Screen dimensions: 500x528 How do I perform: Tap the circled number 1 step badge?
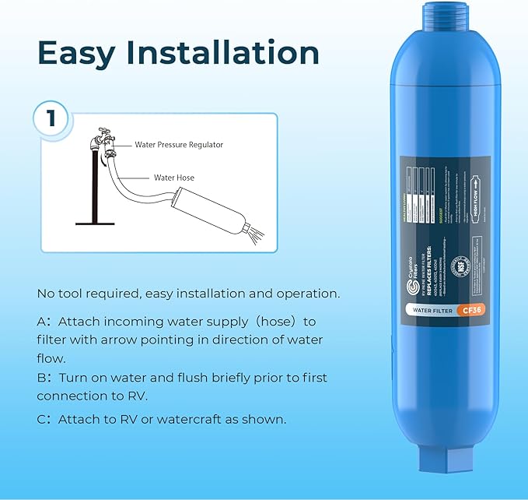[51, 119]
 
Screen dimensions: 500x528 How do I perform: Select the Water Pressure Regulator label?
[179, 144]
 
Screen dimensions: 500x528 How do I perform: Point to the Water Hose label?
[174, 178]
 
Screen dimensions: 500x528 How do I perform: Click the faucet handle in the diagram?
[102, 135]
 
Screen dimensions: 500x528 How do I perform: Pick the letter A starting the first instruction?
[41, 321]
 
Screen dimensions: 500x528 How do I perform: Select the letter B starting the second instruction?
[41, 378]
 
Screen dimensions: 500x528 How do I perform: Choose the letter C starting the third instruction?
[41, 419]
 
